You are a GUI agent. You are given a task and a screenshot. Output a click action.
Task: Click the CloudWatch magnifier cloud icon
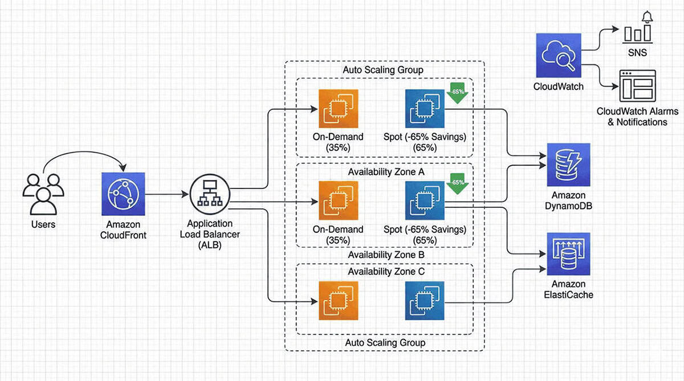[558, 55]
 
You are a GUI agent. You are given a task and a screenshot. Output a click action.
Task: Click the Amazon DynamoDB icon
[568, 165]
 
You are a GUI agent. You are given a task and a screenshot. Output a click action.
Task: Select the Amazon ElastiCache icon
[568, 253]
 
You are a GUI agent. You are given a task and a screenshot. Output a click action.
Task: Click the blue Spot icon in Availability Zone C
[424, 301]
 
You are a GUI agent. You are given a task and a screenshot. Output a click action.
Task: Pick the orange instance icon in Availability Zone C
[338, 301]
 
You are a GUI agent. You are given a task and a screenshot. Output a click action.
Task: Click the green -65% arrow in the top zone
[457, 94]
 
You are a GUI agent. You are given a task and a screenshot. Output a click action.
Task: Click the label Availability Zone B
[386, 255]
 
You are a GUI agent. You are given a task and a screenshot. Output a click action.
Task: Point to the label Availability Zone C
[386, 271]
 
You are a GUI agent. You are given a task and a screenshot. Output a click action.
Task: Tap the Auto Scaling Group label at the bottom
[385, 342]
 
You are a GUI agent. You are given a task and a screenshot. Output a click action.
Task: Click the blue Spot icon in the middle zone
[424, 200]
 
